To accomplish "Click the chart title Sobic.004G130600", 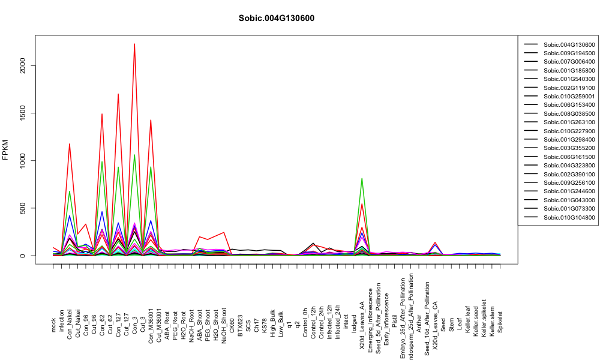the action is (x=276, y=19).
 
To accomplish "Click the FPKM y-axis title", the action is (x=5, y=150).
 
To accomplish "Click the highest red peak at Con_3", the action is (x=134, y=44).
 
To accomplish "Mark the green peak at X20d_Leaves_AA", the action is (x=362, y=179).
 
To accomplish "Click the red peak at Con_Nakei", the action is (x=69, y=144).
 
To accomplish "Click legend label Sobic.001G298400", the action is (x=569, y=140).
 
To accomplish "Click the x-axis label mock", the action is (x=53, y=325).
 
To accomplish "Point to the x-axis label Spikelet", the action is (x=500, y=322).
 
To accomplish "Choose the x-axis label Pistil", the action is (x=395, y=323).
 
